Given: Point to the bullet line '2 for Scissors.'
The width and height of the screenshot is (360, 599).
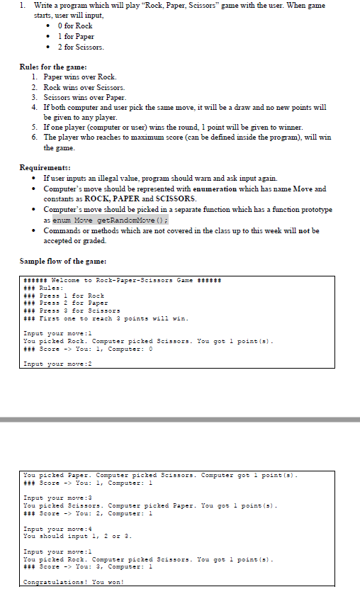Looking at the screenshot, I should pos(81,47).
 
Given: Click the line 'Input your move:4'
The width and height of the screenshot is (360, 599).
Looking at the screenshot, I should pos(57,529).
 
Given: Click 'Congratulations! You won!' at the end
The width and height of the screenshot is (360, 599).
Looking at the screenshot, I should pos(74,582).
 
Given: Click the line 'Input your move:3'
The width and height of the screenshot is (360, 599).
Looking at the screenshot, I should pos(57,498).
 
